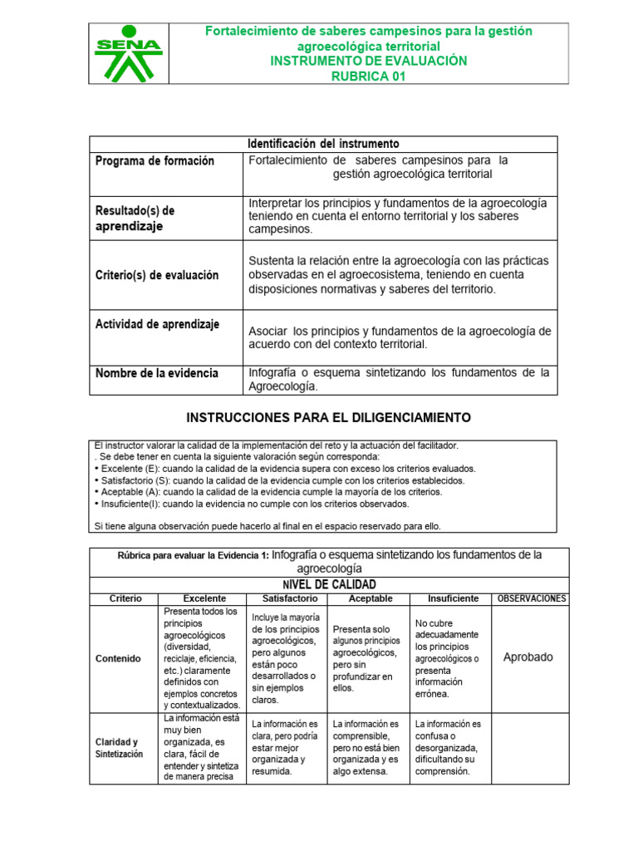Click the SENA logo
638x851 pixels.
(x=129, y=53)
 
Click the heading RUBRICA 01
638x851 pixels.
(x=369, y=76)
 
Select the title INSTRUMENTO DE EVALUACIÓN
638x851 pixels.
(x=369, y=61)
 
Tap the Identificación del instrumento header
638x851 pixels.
(x=324, y=144)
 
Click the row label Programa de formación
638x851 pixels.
(x=155, y=161)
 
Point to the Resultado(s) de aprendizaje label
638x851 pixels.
(x=145, y=218)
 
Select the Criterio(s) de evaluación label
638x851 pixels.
(x=157, y=275)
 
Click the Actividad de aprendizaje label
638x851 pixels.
(x=157, y=324)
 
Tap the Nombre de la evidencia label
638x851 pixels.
(x=157, y=373)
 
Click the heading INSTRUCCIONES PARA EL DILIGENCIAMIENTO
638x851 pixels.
(x=328, y=416)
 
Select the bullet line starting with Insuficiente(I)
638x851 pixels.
(x=252, y=504)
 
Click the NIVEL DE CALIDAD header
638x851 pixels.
(x=330, y=585)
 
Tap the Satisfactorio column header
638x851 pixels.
(x=290, y=598)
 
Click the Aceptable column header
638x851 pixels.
(x=371, y=598)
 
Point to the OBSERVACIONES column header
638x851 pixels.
(x=531, y=598)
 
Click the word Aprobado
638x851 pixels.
(x=528, y=657)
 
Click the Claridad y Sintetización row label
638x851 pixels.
(x=119, y=748)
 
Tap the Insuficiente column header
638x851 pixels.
(x=453, y=598)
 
